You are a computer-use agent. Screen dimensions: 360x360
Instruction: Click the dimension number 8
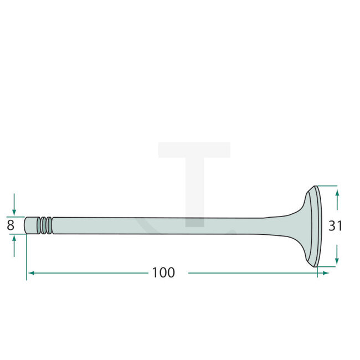(10, 225)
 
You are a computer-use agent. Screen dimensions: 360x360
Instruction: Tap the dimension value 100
(163, 272)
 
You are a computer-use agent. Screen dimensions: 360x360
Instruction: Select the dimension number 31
(335, 225)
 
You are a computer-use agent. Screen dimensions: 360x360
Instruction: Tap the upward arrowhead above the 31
(337, 192)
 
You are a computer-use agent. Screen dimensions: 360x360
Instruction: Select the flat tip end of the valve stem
(26, 225)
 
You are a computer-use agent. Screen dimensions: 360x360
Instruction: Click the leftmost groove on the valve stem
(40, 225)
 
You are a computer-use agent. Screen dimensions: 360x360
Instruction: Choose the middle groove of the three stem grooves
(45, 225)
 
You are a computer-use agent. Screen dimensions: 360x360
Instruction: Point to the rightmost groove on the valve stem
(50, 225)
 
